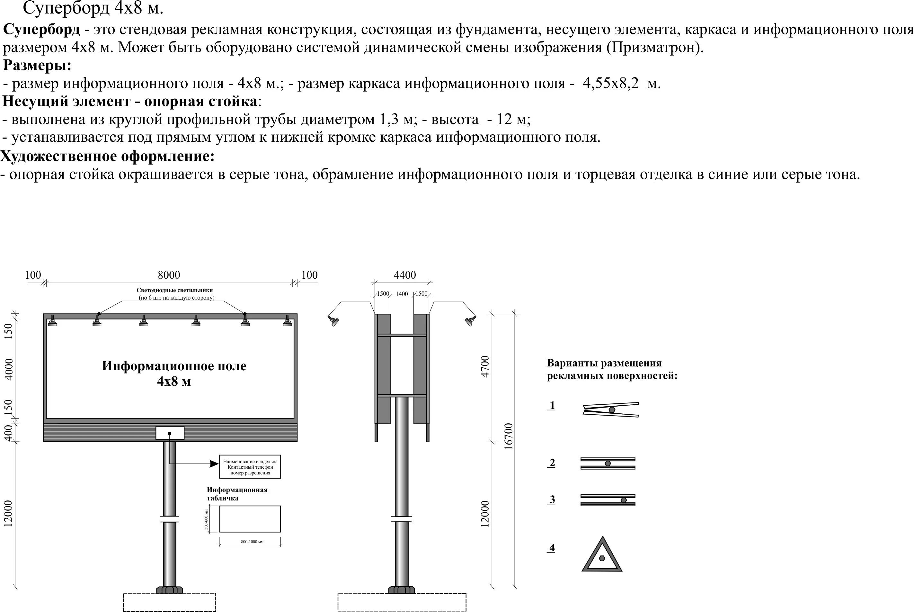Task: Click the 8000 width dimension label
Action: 169,275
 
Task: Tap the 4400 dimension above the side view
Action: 404,275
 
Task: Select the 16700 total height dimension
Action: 509,437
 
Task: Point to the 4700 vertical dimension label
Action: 485,366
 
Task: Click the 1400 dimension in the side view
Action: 402,294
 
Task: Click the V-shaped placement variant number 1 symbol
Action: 610,410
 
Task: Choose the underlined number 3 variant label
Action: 552,500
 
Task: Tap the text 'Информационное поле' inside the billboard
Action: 174,366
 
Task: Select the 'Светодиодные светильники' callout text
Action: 175,290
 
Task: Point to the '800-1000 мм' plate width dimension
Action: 252,542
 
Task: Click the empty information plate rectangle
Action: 250,519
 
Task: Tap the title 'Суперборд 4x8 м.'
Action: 93,9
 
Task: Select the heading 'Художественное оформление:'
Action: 108,156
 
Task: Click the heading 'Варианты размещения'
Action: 604,363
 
